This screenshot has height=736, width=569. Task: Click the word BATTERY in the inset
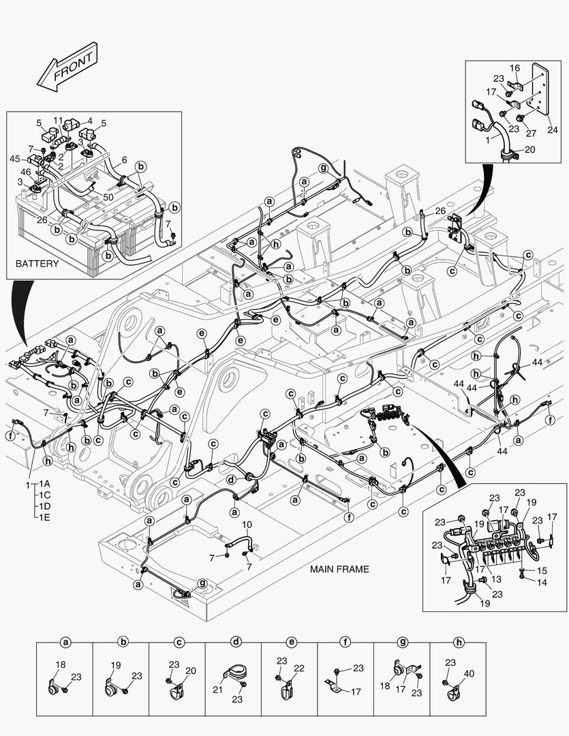pyautogui.click(x=37, y=264)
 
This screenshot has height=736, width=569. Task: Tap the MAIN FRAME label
pyautogui.click(x=339, y=569)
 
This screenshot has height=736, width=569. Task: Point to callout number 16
pyautogui.click(x=515, y=67)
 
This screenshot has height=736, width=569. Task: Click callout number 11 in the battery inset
pyautogui.click(x=59, y=120)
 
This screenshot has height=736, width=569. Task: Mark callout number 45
pyautogui.click(x=14, y=159)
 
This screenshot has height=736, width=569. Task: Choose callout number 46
pyautogui.click(x=25, y=173)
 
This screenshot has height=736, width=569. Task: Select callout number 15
pyautogui.click(x=542, y=570)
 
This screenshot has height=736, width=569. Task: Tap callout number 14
pyautogui.click(x=542, y=583)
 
